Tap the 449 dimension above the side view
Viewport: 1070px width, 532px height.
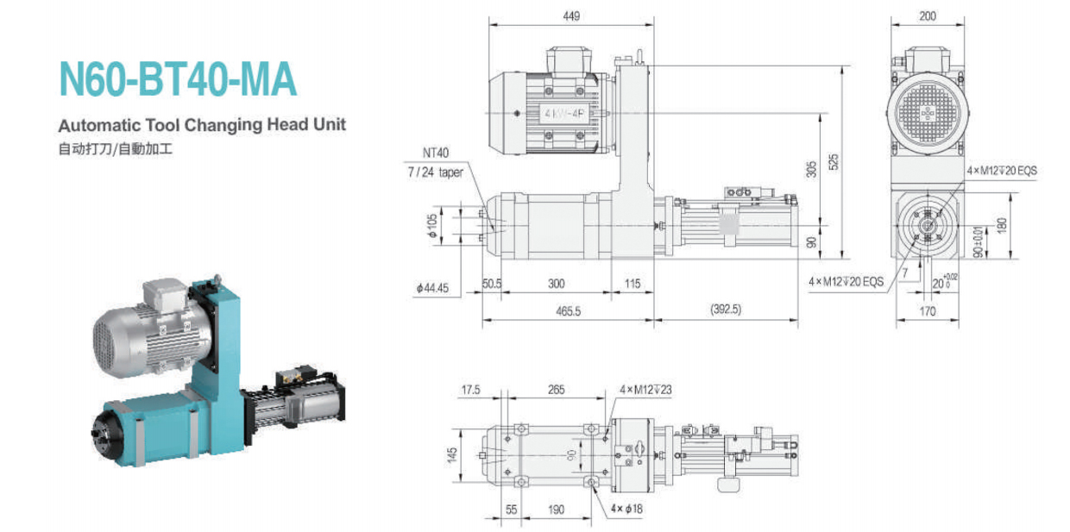tap(570, 16)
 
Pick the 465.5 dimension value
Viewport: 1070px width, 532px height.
tap(566, 309)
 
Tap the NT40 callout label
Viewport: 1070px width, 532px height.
tap(436, 153)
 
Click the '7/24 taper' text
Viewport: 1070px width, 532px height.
tap(436, 172)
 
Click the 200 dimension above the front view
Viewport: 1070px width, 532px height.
tap(928, 16)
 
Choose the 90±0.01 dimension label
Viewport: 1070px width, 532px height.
tap(978, 243)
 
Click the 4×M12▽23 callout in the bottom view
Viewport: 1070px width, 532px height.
tap(645, 390)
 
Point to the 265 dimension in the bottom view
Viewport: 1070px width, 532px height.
tap(555, 390)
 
